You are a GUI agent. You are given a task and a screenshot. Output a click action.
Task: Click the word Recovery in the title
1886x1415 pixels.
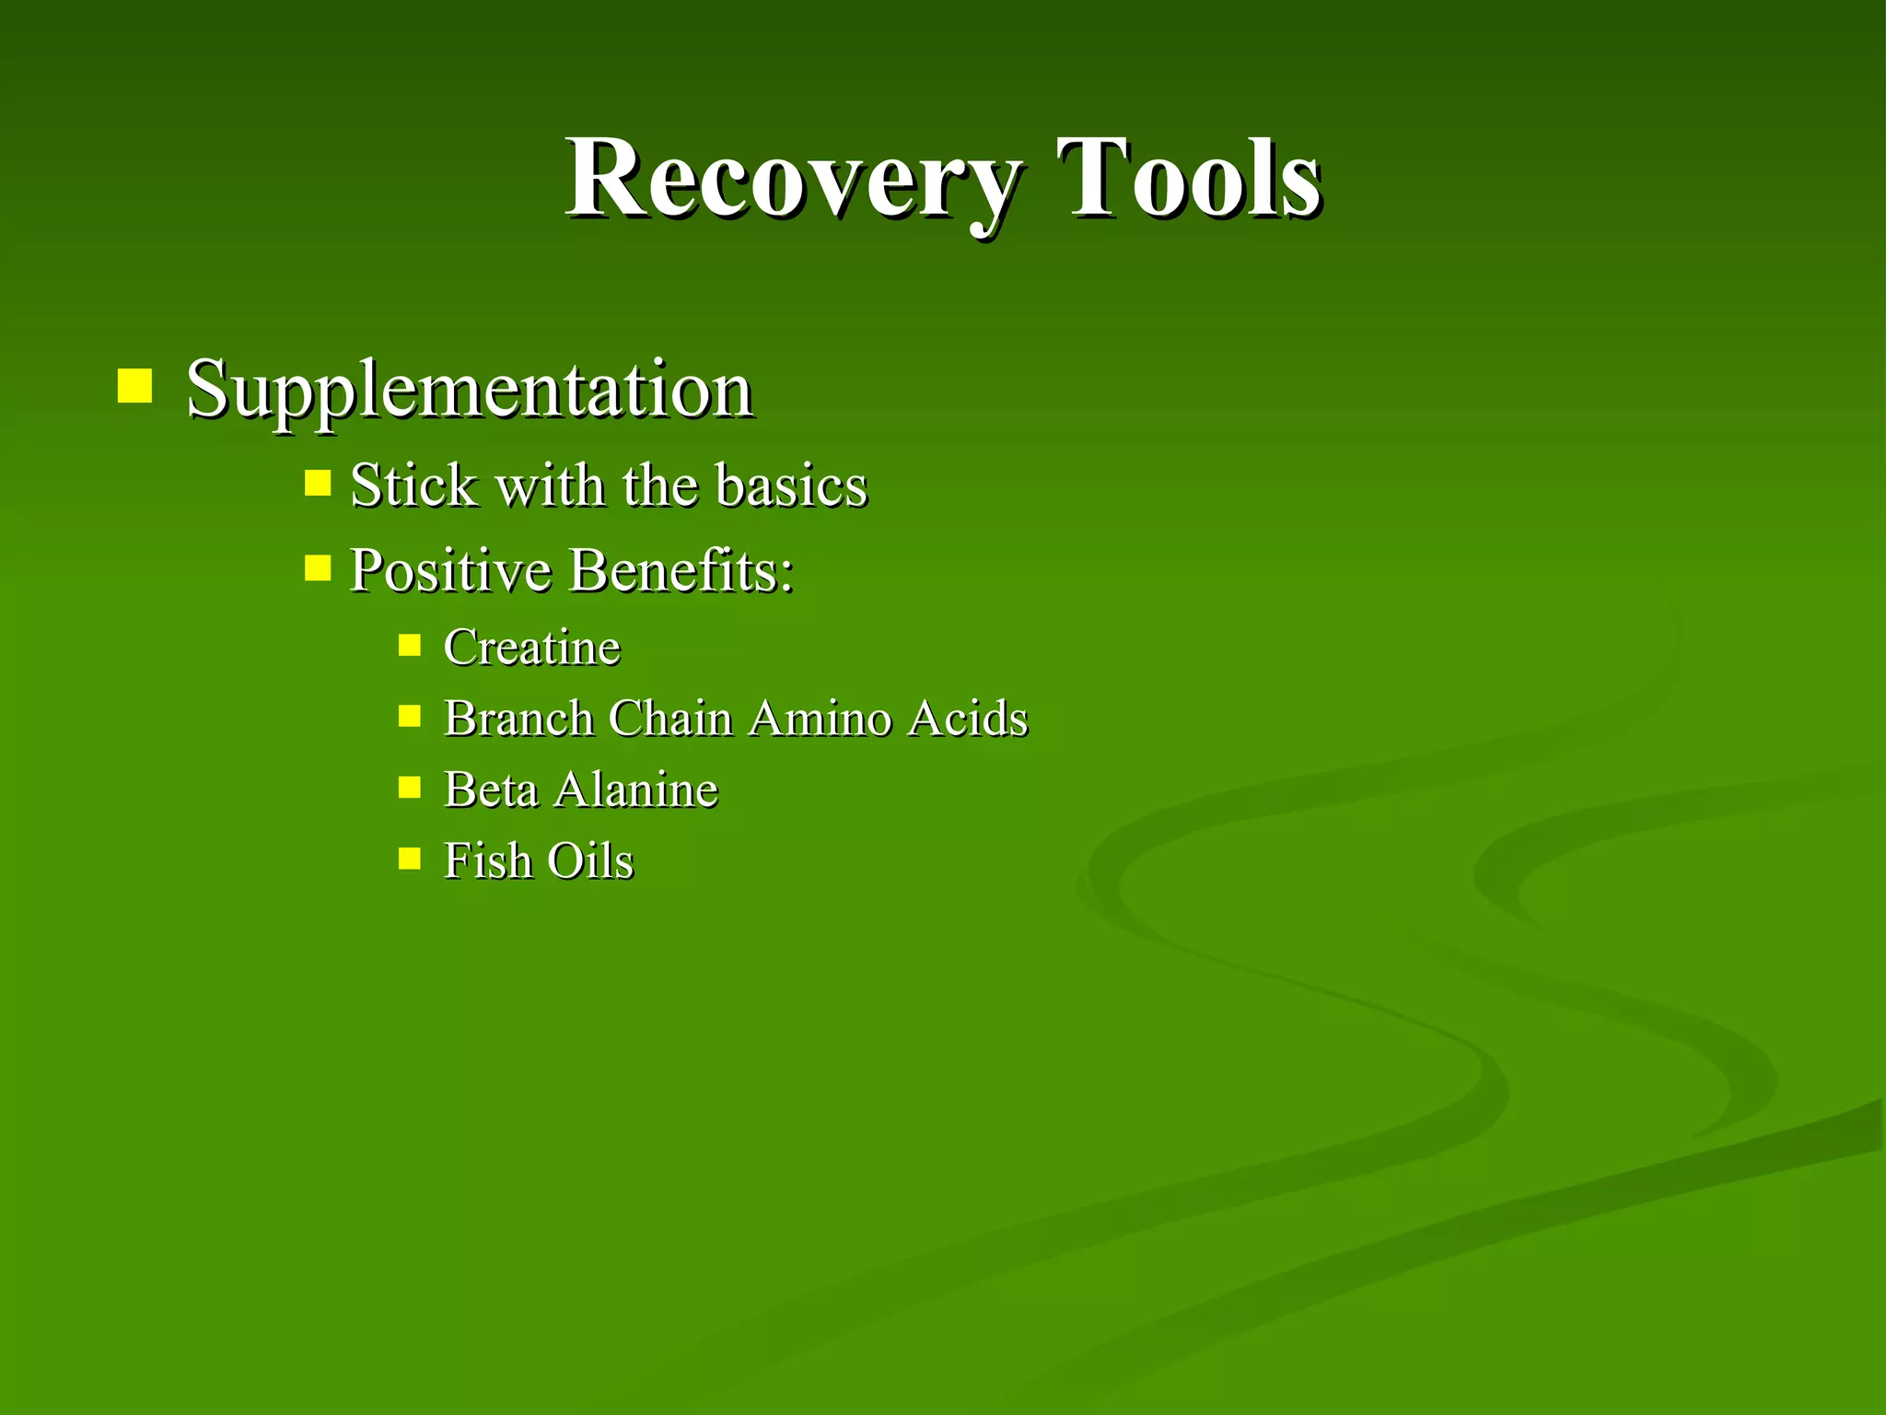[792, 180]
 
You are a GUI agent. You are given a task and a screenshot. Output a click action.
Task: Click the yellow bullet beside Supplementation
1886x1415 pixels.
[134, 386]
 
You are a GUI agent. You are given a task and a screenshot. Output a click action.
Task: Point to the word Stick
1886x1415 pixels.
[414, 485]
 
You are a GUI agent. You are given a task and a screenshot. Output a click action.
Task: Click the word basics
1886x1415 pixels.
[791, 485]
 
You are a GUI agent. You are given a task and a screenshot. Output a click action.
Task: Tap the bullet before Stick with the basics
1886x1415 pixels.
[318, 483]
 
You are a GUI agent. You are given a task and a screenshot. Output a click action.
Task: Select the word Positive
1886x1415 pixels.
[450, 571]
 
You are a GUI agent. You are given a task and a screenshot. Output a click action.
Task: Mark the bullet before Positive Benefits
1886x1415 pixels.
[318, 567]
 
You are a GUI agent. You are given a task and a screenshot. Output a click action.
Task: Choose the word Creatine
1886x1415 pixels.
[532, 647]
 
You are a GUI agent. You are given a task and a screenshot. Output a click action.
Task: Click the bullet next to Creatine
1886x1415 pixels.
[410, 645]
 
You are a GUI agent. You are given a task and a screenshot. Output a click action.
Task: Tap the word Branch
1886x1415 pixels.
[518, 718]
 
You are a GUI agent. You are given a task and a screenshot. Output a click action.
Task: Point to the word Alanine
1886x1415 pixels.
[635, 789]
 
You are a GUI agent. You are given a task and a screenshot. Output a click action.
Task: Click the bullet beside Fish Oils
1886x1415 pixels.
[410, 859]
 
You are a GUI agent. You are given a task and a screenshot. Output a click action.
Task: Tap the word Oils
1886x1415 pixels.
[590, 861]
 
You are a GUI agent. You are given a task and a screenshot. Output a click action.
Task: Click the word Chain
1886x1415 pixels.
[669, 718]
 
